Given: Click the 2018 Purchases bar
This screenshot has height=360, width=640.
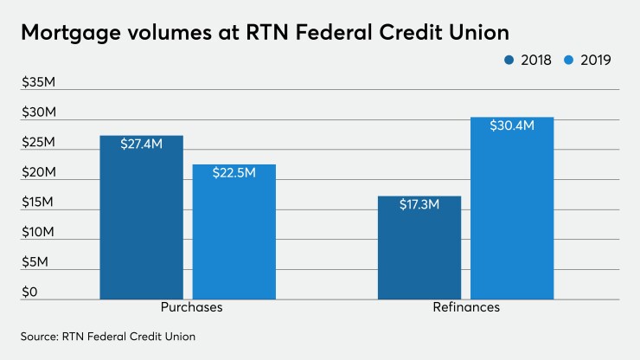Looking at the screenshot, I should pyautogui.click(x=141, y=225).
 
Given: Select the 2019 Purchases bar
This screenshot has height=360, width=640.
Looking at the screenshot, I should pyautogui.click(x=234, y=238).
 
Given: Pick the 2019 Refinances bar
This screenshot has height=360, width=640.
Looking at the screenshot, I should pyautogui.click(x=512, y=216).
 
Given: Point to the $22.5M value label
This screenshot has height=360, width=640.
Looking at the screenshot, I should pyautogui.click(x=234, y=173).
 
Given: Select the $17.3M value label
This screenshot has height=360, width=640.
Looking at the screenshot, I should pyautogui.click(x=419, y=205).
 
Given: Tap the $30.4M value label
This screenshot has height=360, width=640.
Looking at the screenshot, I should pyautogui.click(x=512, y=125).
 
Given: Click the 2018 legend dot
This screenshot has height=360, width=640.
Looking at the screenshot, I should pyautogui.click(x=509, y=60).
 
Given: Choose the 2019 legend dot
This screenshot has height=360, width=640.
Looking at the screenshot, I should pyautogui.click(x=568, y=60).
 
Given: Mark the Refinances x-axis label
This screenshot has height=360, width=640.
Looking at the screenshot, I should pyautogui.click(x=466, y=308).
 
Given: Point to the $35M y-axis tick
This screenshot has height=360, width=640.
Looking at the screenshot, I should pyautogui.click(x=39, y=83).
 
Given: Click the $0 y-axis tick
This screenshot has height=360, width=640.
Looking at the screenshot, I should pyautogui.click(x=30, y=292).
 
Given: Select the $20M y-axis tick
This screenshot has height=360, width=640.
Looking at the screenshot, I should pyautogui.click(x=39, y=173).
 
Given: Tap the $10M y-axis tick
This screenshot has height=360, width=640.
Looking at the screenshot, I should pyautogui.click(x=39, y=232).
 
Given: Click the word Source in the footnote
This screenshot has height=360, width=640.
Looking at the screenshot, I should pyautogui.click(x=37, y=335).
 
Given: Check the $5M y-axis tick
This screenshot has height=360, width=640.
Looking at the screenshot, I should pyautogui.click(x=35, y=261).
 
